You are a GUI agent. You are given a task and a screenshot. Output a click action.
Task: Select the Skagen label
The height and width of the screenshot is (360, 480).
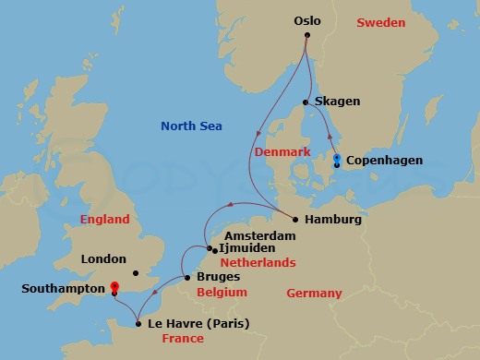click(x=339, y=102)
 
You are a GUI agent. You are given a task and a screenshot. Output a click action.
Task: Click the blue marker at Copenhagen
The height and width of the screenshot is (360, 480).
click(x=337, y=159)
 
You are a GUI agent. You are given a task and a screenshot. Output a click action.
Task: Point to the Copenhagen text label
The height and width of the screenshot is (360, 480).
click(x=385, y=161)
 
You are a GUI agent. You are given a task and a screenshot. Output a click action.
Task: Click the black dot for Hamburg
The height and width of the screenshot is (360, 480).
click(x=294, y=220)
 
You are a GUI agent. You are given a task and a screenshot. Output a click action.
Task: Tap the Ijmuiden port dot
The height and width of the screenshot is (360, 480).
click(x=210, y=249)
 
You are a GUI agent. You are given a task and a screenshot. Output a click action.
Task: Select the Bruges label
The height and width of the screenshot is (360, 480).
click(x=218, y=276)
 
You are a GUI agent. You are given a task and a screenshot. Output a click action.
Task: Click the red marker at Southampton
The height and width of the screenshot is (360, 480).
click(x=114, y=287)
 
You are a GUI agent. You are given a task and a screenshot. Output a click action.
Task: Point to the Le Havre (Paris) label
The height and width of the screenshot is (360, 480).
click(x=198, y=323)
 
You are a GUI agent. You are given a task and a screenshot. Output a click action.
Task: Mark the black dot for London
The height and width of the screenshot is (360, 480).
click(x=135, y=272)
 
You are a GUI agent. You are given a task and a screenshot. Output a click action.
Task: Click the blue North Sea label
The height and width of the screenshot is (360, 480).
click(x=189, y=126)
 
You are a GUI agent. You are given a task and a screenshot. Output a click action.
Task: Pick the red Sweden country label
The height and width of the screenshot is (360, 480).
click(x=381, y=19)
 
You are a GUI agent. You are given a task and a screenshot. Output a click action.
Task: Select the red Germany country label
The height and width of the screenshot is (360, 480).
click(x=314, y=294)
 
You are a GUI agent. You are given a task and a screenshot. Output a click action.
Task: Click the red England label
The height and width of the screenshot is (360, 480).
click(x=104, y=220)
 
